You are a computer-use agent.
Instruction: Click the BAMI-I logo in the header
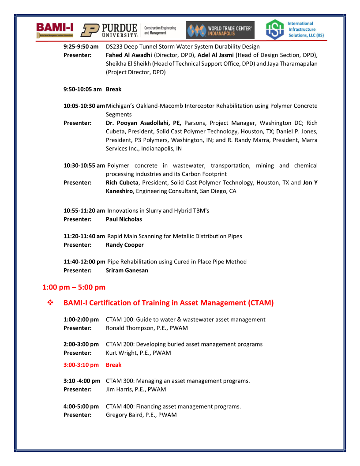tap(55, 30)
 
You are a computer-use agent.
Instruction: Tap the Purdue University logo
tap(109, 30)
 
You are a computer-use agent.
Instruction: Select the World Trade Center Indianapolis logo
tap(220, 30)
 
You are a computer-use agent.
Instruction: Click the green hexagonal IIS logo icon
tap(274, 30)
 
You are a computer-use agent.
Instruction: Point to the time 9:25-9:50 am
tap(81, 46)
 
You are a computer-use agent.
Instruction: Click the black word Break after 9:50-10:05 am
tap(113, 89)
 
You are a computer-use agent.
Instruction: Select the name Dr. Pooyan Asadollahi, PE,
tap(143, 123)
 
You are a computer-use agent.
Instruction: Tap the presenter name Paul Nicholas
tap(124, 219)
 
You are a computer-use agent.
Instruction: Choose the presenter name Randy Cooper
tap(125, 245)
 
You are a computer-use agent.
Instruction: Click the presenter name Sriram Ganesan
tap(127, 271)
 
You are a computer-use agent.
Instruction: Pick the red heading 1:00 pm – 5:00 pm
tap(74, 287)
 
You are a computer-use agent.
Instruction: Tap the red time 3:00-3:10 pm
tap(81, 365)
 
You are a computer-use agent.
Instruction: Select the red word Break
tap(113, 365)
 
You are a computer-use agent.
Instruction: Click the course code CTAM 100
tap(119, 319)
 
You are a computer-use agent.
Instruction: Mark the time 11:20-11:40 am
tap(84, 236)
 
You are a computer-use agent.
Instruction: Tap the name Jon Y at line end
tap(310, 183)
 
